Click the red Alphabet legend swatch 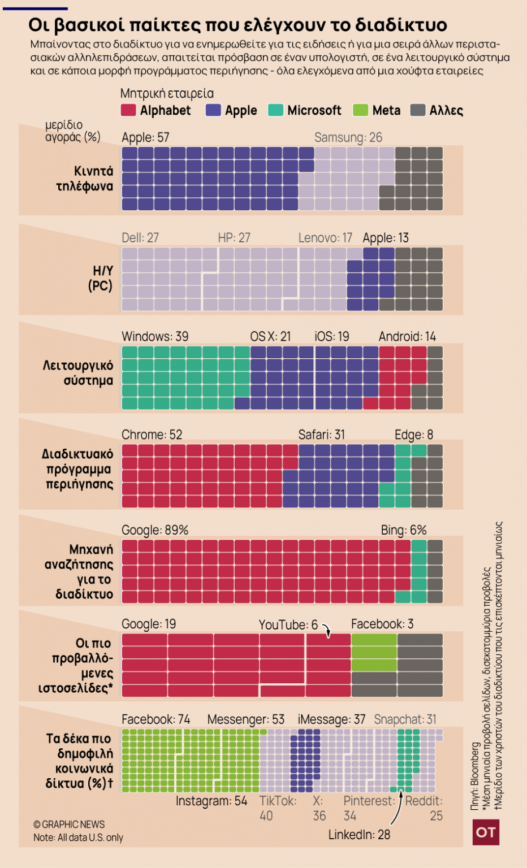(x=128, y=110)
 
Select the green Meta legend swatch (x=360, y=110)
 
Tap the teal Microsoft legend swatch (x=275, y=110)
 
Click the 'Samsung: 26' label (x=348, y=137)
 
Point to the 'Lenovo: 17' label (x=325, y=238)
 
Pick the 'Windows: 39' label (x=155, y=337)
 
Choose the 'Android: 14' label (x=407, y=337)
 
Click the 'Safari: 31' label (x=321, y=435)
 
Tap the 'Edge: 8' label (x=414, y=435)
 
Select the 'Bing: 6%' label (x=404, y=530)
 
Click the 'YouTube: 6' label (x=288, y=624)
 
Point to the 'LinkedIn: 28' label (x=359, y=835)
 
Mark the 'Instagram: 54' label (x=211, y=801)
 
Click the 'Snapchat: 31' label (x=405, y=719)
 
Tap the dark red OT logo (x=486, y=832)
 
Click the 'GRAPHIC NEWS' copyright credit (x=69, y=824)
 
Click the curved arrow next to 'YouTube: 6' (x=327, y=629)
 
